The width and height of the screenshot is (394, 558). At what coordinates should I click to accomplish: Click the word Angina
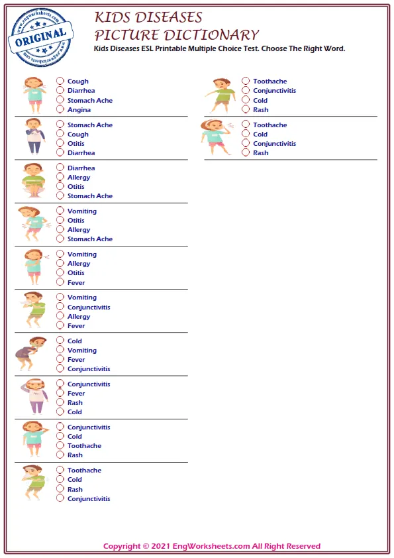coord(79,110)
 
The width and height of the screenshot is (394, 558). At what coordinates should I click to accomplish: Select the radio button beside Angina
coord(60,110)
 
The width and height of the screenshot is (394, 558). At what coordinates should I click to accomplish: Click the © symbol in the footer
coord(146,547)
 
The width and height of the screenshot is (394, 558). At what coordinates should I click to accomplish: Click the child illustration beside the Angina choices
coord(32,95)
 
